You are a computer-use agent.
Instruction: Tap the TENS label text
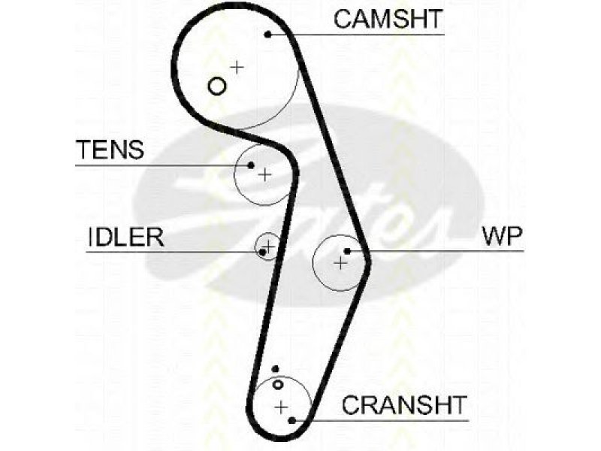pyautogui.click(x=110, y=150)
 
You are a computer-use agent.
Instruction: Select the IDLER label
pyautogui.click(x=125, y=237)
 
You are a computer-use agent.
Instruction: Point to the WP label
pyautogui.click(x=502, y=236)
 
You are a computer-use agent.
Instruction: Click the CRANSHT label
pyautogui.click(x=404, y=405)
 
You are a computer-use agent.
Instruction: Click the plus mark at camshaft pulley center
pyautogui.click(x=237, y=67)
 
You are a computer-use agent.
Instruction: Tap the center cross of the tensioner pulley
pyautogui.click(x=264, y=175)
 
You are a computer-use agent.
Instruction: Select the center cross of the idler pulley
pyautogui.click(x=269, y=246)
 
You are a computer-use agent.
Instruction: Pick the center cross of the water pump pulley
pyautogui.click(x=340, y=263)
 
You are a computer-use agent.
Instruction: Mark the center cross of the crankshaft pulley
pyautogui.click(x=282, y=407)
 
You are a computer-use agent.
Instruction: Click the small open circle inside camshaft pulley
pyautogui.click(x=217, y=86)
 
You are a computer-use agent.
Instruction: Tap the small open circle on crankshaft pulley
pyautogui.click(x=278, y=384)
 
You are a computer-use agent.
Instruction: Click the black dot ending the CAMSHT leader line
pyautogui.click(x=268, y=35)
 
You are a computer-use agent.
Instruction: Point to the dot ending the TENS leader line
pyautogui.click(x=251, y=165)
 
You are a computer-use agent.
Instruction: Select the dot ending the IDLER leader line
pyautogui.click(x=262, y=252)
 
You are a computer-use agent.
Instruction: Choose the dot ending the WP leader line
pyautogui.click(x=347, y=251)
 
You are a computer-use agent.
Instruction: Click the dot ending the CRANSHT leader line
pyautogui.click(x=291, y=420)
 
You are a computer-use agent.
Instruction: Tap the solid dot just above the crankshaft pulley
pyautogui.click(x=275, y=369)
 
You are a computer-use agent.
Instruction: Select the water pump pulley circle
pyautogui.click(x=313, y=263)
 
